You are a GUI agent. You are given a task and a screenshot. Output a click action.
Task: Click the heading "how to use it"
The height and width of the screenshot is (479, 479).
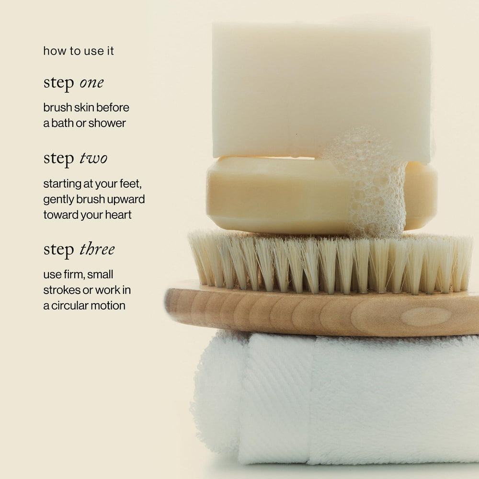pyautogui.click(x=79, y=51)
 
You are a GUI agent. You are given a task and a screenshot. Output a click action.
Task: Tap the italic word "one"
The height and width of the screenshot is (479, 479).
pyautogui.click(x=91, y=83)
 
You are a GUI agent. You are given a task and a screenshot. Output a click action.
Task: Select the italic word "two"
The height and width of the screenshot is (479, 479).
pyautogui.click(x=93, y=158)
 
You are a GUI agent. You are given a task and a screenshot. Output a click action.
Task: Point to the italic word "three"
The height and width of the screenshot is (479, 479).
pyautogui.click(x=97, y=249)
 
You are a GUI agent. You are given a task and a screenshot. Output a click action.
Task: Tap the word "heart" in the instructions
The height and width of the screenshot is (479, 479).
pyautogui.click(x=118, y=215)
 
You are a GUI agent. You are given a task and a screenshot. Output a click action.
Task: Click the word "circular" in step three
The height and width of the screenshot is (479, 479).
pyautogui.click(x=68, y=306)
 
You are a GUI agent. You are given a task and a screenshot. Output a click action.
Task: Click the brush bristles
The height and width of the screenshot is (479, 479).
pyautogui.click(x=330, y=262)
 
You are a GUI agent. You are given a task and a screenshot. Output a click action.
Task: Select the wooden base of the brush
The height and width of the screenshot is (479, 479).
pyautogui.click(x=321, y=313)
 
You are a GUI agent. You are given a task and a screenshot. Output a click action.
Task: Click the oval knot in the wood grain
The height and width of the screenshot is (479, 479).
pyautogui.click(x=426, y=317)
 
